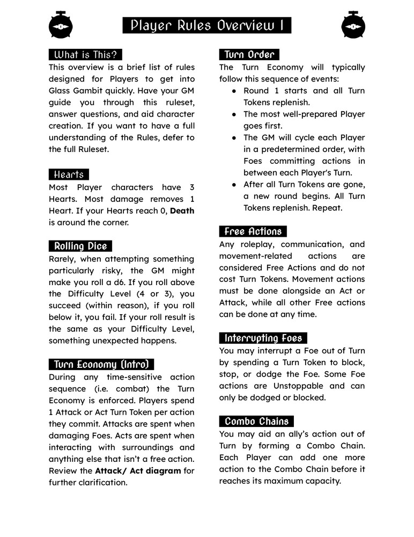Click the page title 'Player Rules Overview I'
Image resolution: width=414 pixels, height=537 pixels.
[x=207, y=25]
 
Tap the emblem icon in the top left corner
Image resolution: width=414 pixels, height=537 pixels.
[x=61, y=25]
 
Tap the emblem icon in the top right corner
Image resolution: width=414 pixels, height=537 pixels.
[x=353, y=25]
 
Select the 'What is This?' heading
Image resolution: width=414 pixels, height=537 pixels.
[x=85, y=55]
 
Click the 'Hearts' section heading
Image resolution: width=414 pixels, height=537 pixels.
[x=69, y=175]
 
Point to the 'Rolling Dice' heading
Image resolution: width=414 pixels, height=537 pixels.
[x=80, y=246]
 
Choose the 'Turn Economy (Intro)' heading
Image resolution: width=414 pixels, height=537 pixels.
[x=101, y=365]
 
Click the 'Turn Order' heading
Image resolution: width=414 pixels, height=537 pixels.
[x=249, y=55]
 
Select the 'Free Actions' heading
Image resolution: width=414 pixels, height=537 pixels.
[x=253, y=231]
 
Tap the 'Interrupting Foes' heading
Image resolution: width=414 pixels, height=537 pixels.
[x=263, y=338]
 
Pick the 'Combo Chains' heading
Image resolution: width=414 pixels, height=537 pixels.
[x=256, y=422]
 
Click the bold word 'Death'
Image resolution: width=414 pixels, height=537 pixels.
[x=182, y=211]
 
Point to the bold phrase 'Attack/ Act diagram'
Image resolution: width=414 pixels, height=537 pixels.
[x=138, y=471]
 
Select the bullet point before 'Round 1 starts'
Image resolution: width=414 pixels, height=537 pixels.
[x=234, y=91]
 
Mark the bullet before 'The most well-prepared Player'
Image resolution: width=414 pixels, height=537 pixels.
[x=234, y=114]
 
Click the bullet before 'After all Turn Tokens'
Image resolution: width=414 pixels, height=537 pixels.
[x=234, y=185]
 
